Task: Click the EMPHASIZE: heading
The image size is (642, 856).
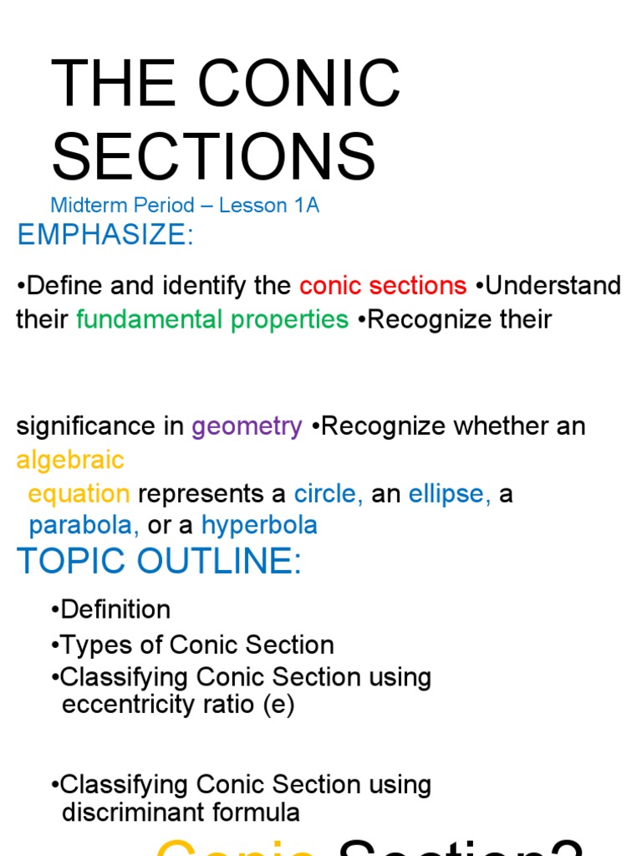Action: tap(105, 235)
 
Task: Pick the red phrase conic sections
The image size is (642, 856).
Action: tap(383, 286)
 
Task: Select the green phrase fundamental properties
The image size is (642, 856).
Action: tap(212, 319)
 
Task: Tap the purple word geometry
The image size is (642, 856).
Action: tap(247, 426)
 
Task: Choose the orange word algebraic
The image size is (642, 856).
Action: tap(70, 460)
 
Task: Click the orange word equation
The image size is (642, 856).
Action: tap(79, 493)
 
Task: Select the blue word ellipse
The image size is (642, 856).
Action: tap(449, 493)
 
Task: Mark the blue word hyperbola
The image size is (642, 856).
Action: tap(260, 525)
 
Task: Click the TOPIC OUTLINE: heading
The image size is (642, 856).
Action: tap(159, 563)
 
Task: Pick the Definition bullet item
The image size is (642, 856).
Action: tap(115, 609)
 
